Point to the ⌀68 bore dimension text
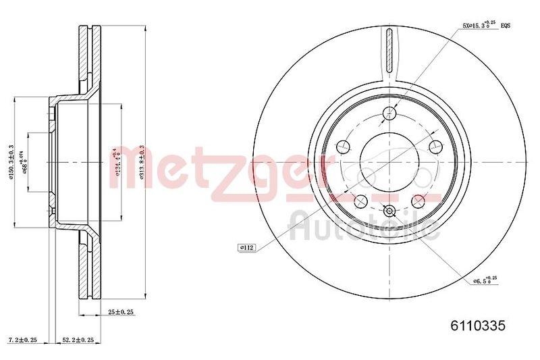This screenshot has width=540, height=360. pyautogui.click(x=26, y=161)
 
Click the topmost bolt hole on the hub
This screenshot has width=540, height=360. pyautogui.click(x=389, y=114)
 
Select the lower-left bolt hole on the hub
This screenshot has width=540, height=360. pyautogui.click(x=360, y=200)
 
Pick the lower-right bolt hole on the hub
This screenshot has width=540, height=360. pyautogui.click(x=418, y=200)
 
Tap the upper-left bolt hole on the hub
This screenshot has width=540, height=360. pyautogui.click(x=342, y=147)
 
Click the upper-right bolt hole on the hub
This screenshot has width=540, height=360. pyautogui.click(x=435, y=147)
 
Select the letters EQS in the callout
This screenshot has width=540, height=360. pyautogui.click(x=506, y=25)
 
